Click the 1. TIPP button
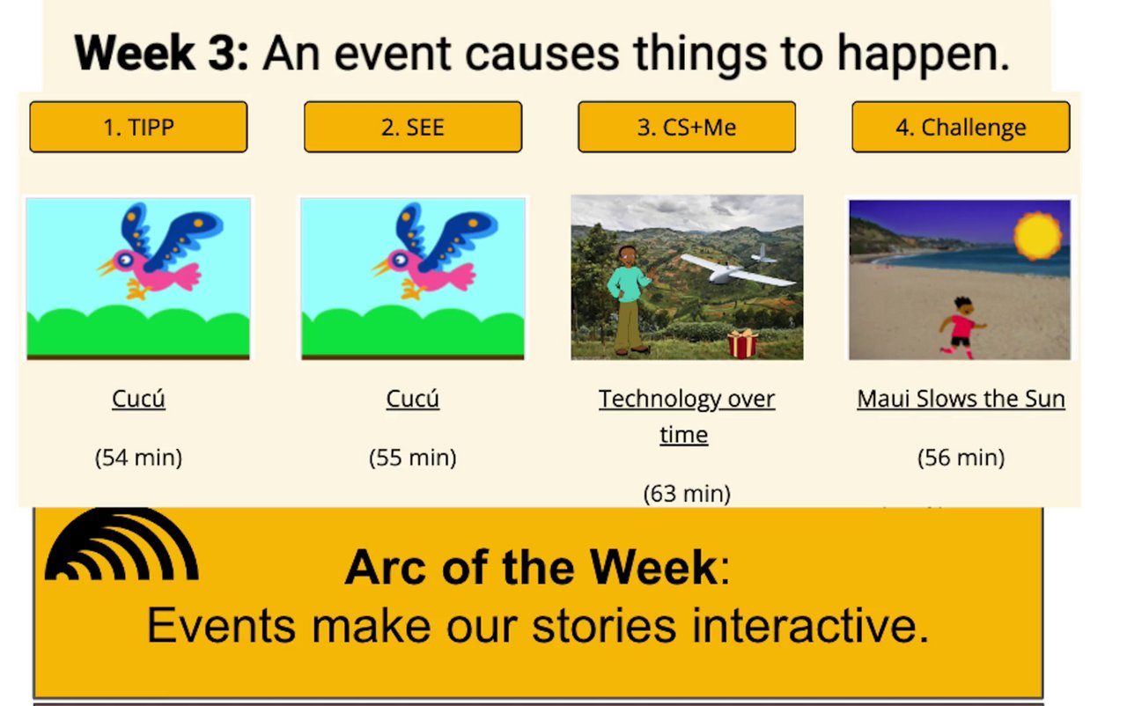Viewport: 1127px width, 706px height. (138, 127)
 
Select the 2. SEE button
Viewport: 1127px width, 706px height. (413, 127)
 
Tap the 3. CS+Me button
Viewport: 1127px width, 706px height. (687, 127)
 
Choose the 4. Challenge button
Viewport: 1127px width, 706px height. (961, 127)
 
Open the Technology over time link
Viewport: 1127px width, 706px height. (686, 416)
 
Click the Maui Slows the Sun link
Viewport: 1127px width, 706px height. (961, 399)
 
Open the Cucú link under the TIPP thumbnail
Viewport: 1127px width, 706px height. (138, 399)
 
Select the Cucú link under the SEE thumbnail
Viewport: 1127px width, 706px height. (413, 399)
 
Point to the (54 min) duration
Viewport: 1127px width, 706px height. (138, 458)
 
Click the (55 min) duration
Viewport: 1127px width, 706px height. (413, 458)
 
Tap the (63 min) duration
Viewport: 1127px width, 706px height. (687, 494)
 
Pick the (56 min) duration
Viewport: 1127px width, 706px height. (961, 458)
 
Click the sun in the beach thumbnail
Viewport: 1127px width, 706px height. (1037, 235)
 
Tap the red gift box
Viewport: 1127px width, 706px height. (742, 343)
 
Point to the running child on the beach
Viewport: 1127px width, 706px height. (962, 327)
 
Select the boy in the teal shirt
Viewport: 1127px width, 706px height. (629, 300)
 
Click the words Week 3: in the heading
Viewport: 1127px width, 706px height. (161, 54)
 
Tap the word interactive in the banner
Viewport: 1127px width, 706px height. (810, 626)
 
